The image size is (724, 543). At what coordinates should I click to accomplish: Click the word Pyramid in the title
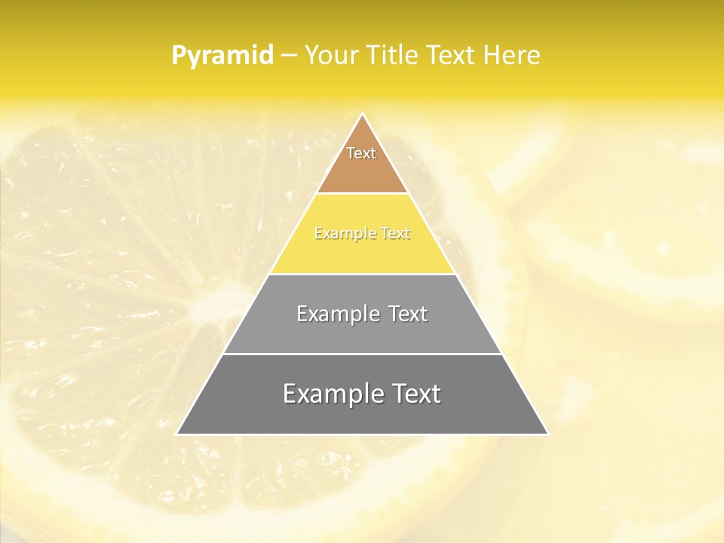point(222,56)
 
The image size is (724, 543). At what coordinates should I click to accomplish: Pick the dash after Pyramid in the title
point(289,56)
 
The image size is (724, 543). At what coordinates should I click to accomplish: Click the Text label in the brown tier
point(361,153)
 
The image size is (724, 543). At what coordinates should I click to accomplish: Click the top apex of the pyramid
point(362,115)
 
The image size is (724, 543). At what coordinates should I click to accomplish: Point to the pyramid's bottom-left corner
point(178,433)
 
